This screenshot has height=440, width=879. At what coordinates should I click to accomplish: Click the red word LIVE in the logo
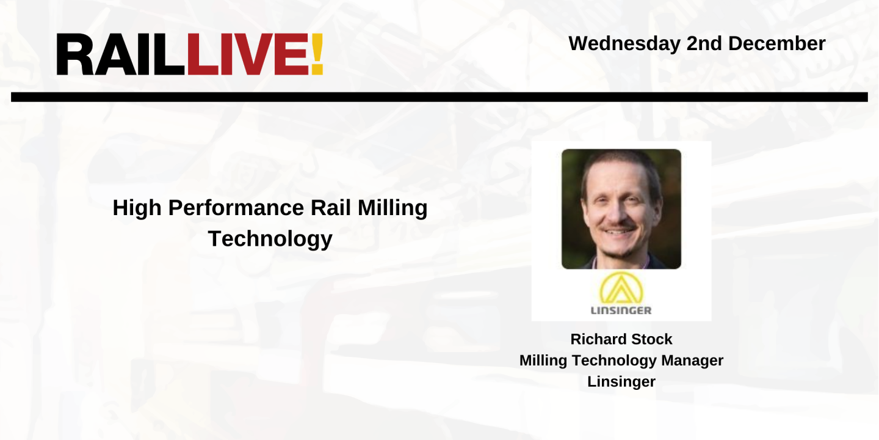click(x=247, y=54)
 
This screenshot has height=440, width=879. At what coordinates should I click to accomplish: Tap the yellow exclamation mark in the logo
click(x=316, y=54)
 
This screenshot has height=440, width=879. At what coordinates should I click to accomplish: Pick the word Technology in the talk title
click(x=270, y=238)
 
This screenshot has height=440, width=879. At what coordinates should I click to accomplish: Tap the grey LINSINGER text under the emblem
click(x=621, y=310)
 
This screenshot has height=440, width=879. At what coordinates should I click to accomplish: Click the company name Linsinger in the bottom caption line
click(x=621, y=382)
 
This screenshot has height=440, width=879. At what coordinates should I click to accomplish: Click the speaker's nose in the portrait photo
click(x=616, y=214)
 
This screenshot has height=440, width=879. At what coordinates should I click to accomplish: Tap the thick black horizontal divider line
click(x=440, y=97)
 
